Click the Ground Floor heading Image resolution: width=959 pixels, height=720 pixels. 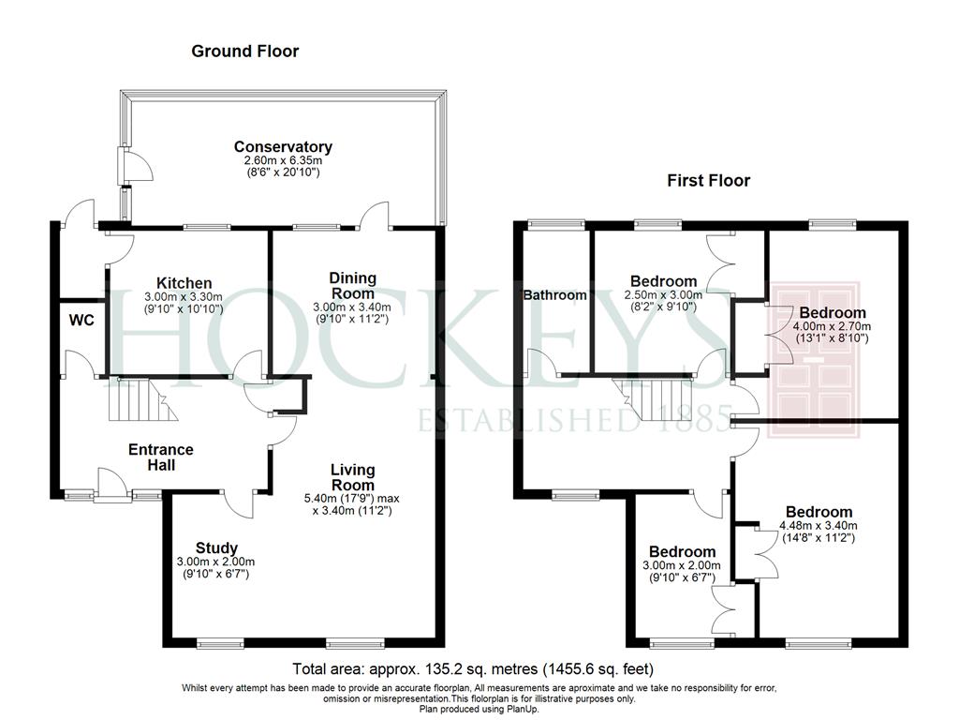tap(244, 51)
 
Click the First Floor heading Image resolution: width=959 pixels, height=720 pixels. tap(708, 181)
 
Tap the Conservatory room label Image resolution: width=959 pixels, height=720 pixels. tap(283, 147)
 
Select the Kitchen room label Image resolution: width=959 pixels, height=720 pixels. tap(184, 283)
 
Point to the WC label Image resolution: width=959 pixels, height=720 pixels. tap(81, 321)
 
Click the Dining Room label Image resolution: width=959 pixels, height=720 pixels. tap(352, 285)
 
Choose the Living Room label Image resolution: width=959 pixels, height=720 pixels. tap(352, 477)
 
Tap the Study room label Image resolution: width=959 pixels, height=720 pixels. tap(216, 547)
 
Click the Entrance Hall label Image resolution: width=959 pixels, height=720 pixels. tap(161, 457)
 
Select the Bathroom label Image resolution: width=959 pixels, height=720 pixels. tap(554, 295)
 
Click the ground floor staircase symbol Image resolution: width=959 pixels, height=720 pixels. tap(143, 399)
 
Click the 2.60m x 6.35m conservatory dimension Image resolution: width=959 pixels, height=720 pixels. tap(283, 160)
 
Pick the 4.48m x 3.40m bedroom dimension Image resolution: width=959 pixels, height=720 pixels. tap(819, 525)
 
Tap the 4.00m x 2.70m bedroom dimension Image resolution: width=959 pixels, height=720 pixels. tap(832, 326)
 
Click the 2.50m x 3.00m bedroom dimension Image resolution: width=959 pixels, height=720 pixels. tap(664, 294)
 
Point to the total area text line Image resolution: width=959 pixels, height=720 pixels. tap(473, 668)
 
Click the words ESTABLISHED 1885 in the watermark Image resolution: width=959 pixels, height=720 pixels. tap(575, 419)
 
